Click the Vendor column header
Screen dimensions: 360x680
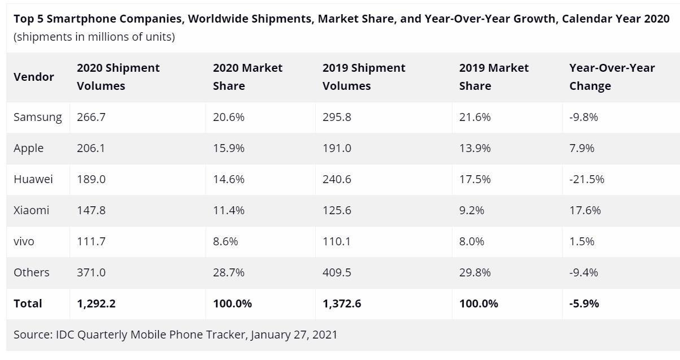[34, 77]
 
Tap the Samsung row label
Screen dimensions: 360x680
[37, 117]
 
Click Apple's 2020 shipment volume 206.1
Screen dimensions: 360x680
[91, 148]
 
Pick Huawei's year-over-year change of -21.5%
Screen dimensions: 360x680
[586, 179]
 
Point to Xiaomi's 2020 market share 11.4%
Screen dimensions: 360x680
[229, 210]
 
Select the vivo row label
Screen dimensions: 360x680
[24, 241]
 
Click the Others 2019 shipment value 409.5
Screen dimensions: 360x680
[337, 272]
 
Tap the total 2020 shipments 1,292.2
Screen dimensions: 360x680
[96, 303]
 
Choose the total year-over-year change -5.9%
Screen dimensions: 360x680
[584, 303]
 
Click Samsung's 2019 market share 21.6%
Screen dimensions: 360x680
[475, 117]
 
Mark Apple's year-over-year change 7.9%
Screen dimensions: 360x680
[582, 148]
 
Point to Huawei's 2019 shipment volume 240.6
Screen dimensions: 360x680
[337, 179]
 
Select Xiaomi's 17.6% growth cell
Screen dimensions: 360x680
[585, 210]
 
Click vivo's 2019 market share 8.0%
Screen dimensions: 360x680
[472, 241]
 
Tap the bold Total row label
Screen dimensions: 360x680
[28, 303]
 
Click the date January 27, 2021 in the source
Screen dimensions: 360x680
[294, 335]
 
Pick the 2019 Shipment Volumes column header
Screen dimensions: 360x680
[364, 77]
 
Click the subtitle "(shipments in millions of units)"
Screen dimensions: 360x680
[94, 37]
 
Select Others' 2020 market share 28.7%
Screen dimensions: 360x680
[229, 272]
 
